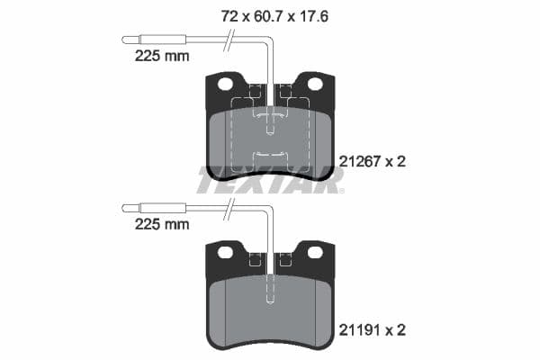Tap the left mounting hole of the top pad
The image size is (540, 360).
pyautogui.click(x=224, y=84)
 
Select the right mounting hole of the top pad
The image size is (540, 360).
pyautogui.click(x=315, y=84)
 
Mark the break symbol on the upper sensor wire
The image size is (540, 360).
pyautogui.click(x=231, y=40)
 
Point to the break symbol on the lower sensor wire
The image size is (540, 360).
pyautogui.click(x=231, y=208)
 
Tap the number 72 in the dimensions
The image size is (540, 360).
pyautogui.click(x=230, y=15)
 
